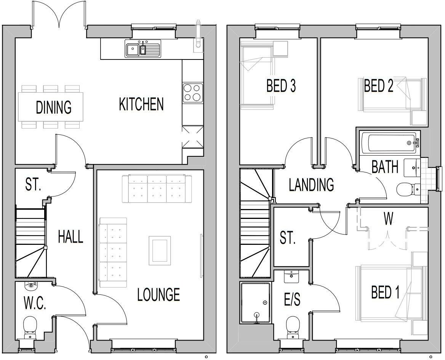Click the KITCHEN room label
(x=141, y=104)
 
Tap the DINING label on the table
(x=54, y=107)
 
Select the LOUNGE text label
(x=158, y=294)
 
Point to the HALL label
(x=70, y=237)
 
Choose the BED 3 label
(x=281, y=86)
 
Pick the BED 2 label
(x=378, y=86)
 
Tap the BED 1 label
(x=385, y=292)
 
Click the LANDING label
(x=311, y=185)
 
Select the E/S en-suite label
(x=292, y=300)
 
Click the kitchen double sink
(x=143, y=49)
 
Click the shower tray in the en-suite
(x=255, y=303)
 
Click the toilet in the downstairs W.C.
(x=29, y=327)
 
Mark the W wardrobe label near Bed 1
(x=388, y=219)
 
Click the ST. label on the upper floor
(x=288, y=238)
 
